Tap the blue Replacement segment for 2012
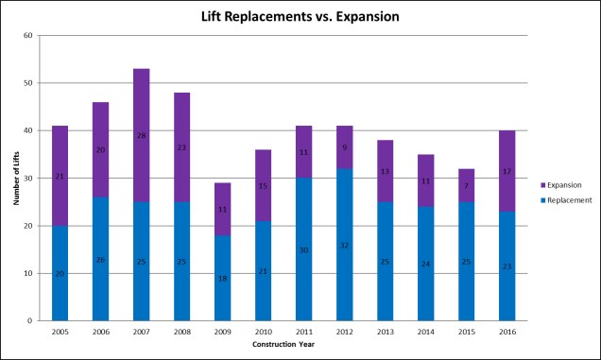[x=344, y=245]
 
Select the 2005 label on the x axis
[x=60, y=333]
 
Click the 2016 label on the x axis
[x=507, y=333]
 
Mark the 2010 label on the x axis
[x=263, y=333]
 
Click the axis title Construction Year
[x=283, y=344]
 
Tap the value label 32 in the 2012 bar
[x=344, y=245]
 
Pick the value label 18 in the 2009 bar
[x=222, y=279]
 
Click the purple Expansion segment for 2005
[x=60, y=176]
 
